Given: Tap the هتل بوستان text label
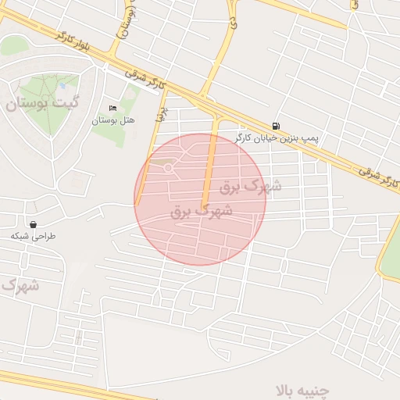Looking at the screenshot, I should point(113,120).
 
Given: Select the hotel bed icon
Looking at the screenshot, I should point(113,108).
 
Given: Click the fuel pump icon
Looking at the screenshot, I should point(276,126).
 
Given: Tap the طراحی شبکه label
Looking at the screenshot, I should point(34,235).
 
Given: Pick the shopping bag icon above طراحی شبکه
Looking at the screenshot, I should point(33,223).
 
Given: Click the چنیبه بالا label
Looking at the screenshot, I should point(309,388).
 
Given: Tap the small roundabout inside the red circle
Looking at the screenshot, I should point(167,168).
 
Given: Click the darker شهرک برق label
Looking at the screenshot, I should point(202,211).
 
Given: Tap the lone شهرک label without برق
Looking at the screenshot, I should point(17,286).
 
